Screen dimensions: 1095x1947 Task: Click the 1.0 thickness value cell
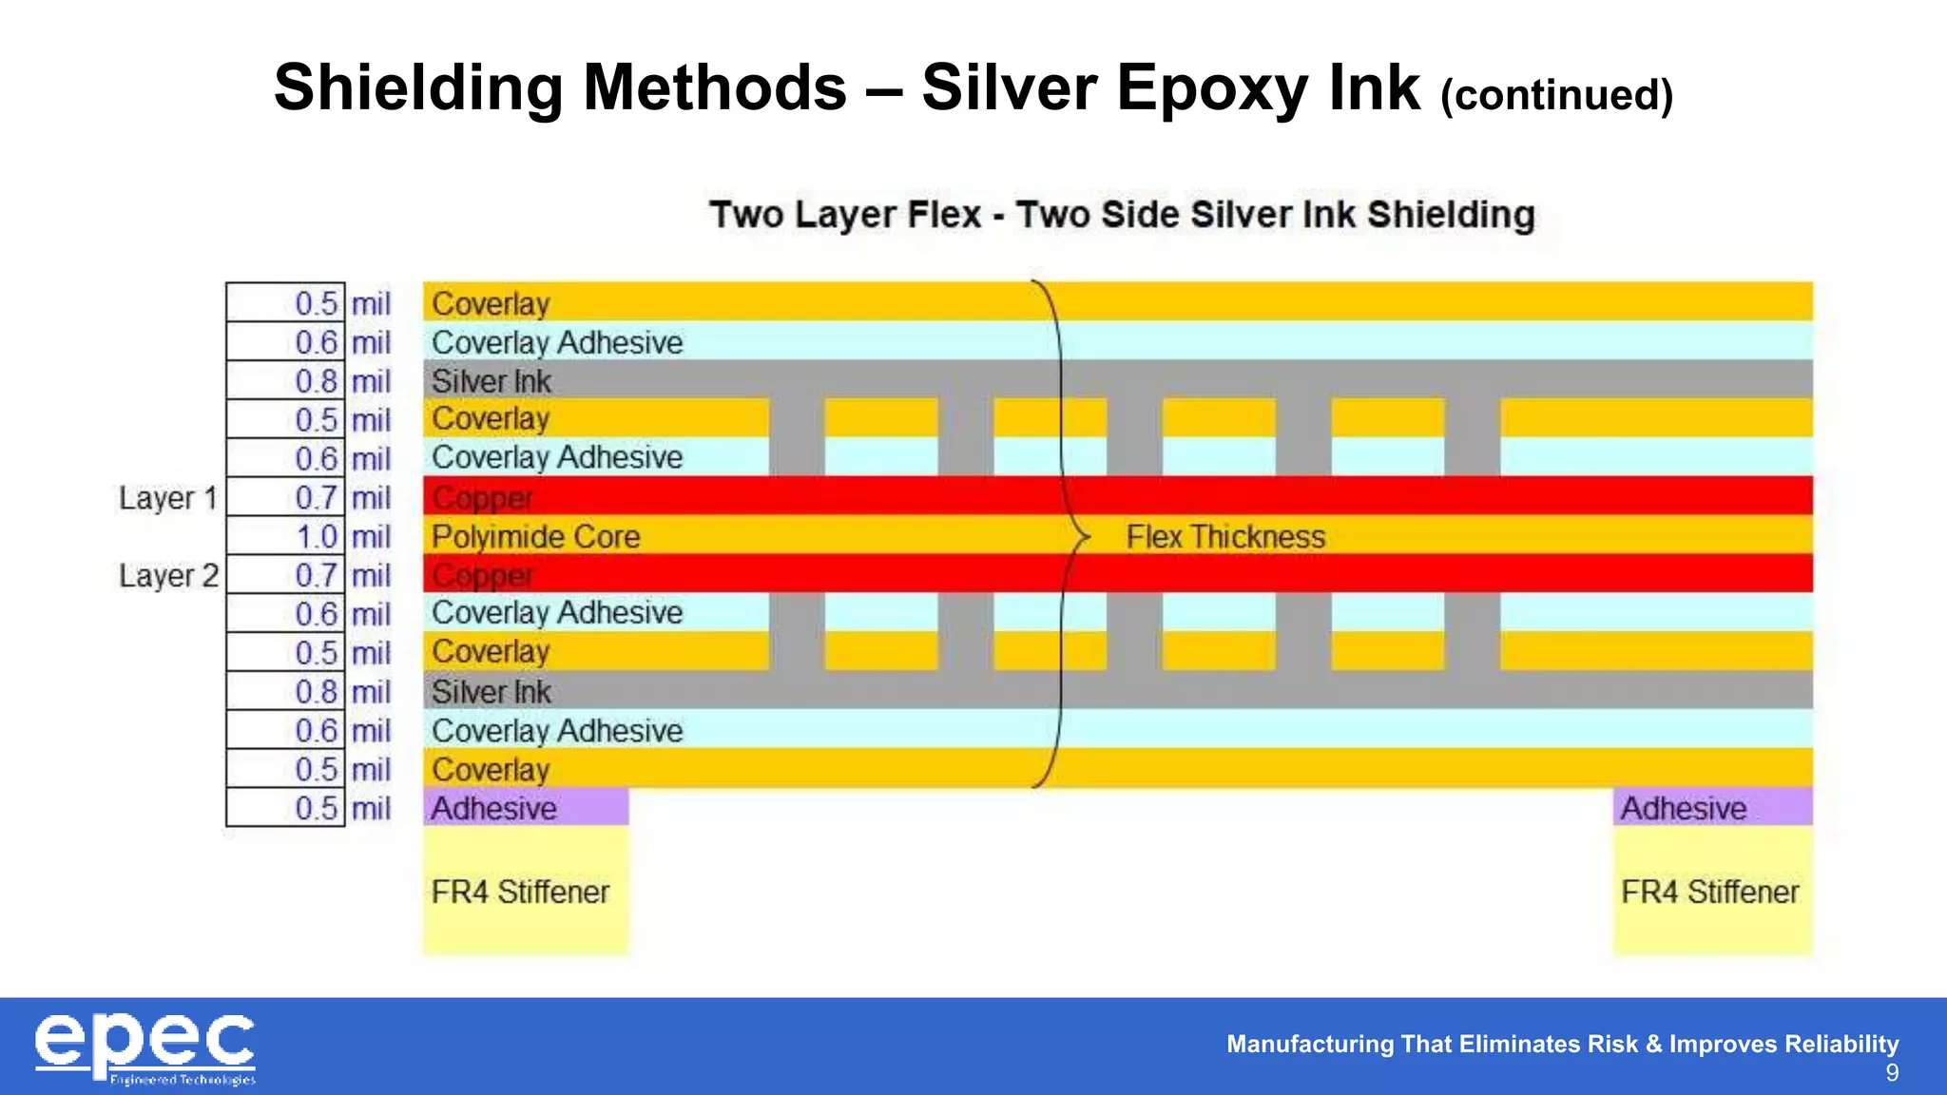[x=317, y=537]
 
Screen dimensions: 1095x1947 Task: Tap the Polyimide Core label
[x=535, y=537]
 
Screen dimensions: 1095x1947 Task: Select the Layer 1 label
[x=167, y=498]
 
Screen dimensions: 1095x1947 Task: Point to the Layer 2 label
[x=168, y=576]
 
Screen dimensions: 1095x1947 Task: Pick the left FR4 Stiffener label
[x=519, y=893]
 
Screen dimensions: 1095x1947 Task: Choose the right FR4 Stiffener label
[x=1709, y=893]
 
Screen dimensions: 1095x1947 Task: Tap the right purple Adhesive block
[x=1711, y=808]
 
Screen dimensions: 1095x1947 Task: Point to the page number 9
[x=1892, y=1074]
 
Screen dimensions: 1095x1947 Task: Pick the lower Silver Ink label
[x=491, y=692]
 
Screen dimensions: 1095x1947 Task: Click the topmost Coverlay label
[x=491, y=304]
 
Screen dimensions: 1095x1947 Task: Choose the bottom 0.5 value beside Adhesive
[x=317, y=809]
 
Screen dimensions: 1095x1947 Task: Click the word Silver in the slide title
[x=1009, y=88]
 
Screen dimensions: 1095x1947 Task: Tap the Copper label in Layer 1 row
[x=482, y=498]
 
